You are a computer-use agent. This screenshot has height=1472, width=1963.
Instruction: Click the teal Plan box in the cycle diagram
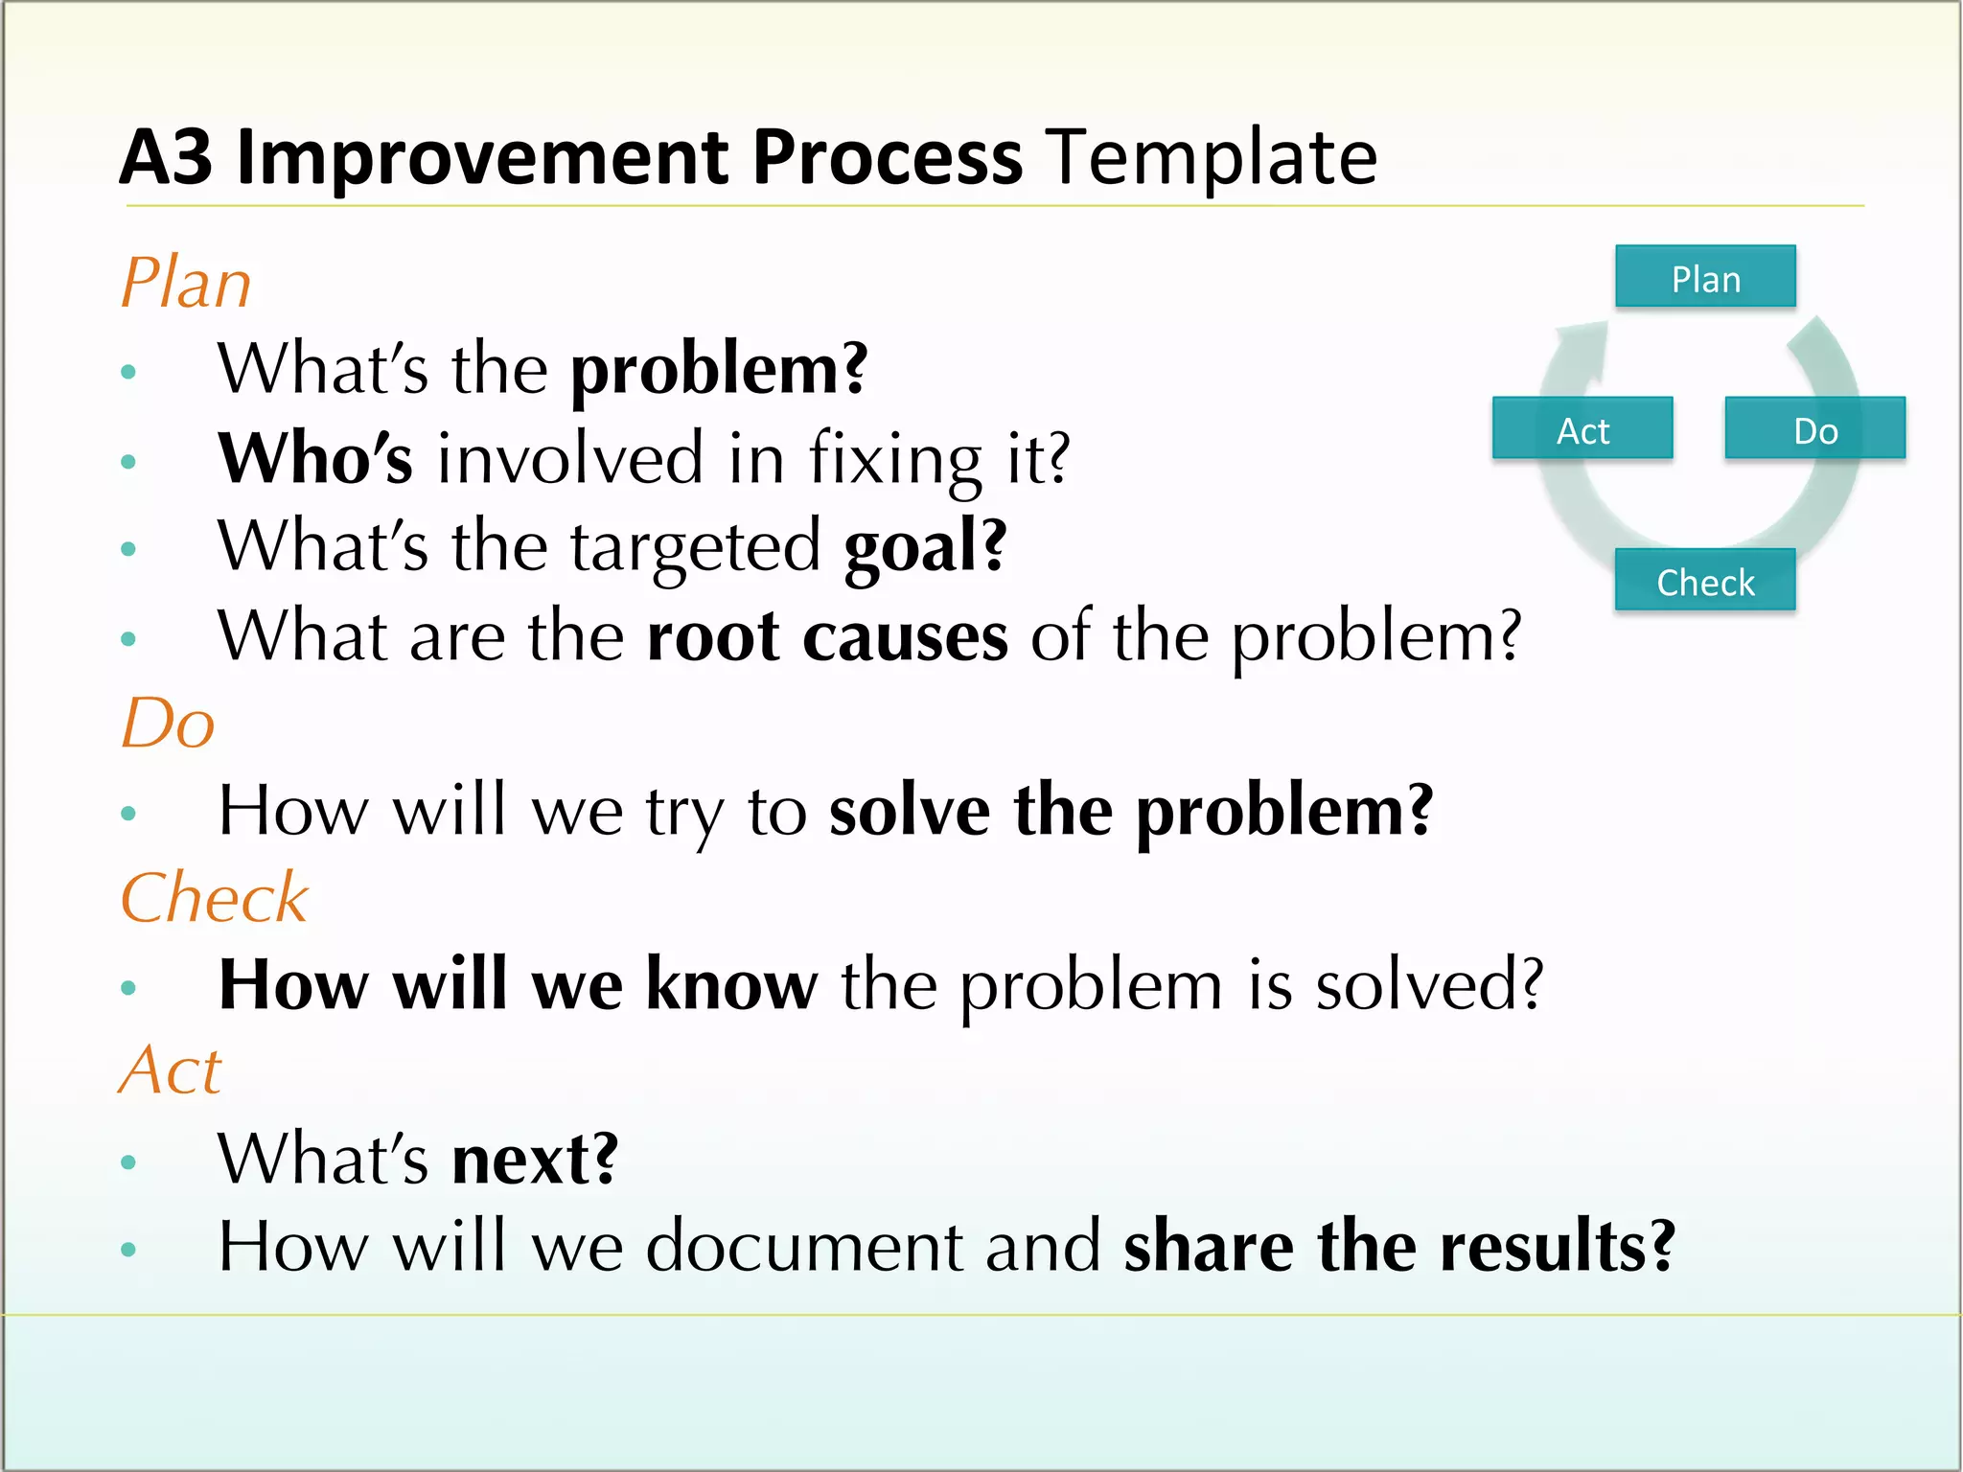(1705, 277)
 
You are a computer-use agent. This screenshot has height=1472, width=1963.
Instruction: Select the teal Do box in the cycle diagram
(1814, 428)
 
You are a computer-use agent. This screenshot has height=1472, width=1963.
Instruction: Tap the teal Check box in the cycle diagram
(1705, 580)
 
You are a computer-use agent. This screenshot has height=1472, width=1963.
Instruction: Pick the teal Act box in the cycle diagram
(1582, 428)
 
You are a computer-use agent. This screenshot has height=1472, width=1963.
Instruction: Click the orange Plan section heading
(186, 284)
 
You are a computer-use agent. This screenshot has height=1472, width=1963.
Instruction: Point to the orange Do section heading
(168, 724)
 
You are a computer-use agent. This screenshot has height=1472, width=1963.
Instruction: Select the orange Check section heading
(215, 899)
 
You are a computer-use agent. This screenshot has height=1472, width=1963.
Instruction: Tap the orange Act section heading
(172, 1070)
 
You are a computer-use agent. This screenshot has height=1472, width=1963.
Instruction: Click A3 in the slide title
(166, 158)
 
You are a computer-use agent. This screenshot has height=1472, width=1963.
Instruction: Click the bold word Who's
(315, 458)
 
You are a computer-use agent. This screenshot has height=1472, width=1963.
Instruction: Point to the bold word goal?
(925, 546)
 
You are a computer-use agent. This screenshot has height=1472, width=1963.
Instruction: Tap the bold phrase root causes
(827, 636)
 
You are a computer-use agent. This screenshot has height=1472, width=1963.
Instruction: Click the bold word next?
(535, 1159)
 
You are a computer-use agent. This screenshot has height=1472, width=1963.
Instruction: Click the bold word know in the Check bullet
(732, 984)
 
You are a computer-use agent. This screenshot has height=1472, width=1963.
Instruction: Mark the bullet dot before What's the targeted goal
(128, 549)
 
